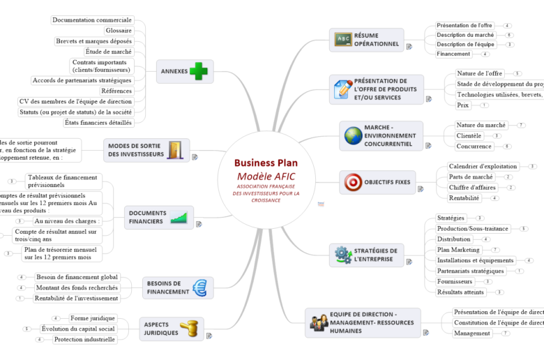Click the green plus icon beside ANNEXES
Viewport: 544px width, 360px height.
[x=199, y=71]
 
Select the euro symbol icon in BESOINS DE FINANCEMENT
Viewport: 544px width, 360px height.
[x=199, y=287]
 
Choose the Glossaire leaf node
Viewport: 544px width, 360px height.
[x=119, y=31]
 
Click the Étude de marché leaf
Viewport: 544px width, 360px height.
[x=108, y=51]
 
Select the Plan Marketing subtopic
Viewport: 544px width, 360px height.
[x=458, y=249]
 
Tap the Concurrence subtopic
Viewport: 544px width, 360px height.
[x=474, y=147]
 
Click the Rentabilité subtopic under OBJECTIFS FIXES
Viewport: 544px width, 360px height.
[x=464, y=198]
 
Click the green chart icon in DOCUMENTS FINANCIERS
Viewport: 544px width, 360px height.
[x=180, y=217]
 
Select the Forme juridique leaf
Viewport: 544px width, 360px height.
[x=92, y=318]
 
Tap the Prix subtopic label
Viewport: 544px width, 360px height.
[x=462, y=105]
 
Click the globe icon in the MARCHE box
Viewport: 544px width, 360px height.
[x=352, y=135]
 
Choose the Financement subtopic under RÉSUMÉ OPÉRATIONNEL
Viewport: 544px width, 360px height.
[x=453, y=54]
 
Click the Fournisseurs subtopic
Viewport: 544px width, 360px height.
[x=455, y=281]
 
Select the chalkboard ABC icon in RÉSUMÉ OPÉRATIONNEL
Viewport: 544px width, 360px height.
[x=342, y=39]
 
